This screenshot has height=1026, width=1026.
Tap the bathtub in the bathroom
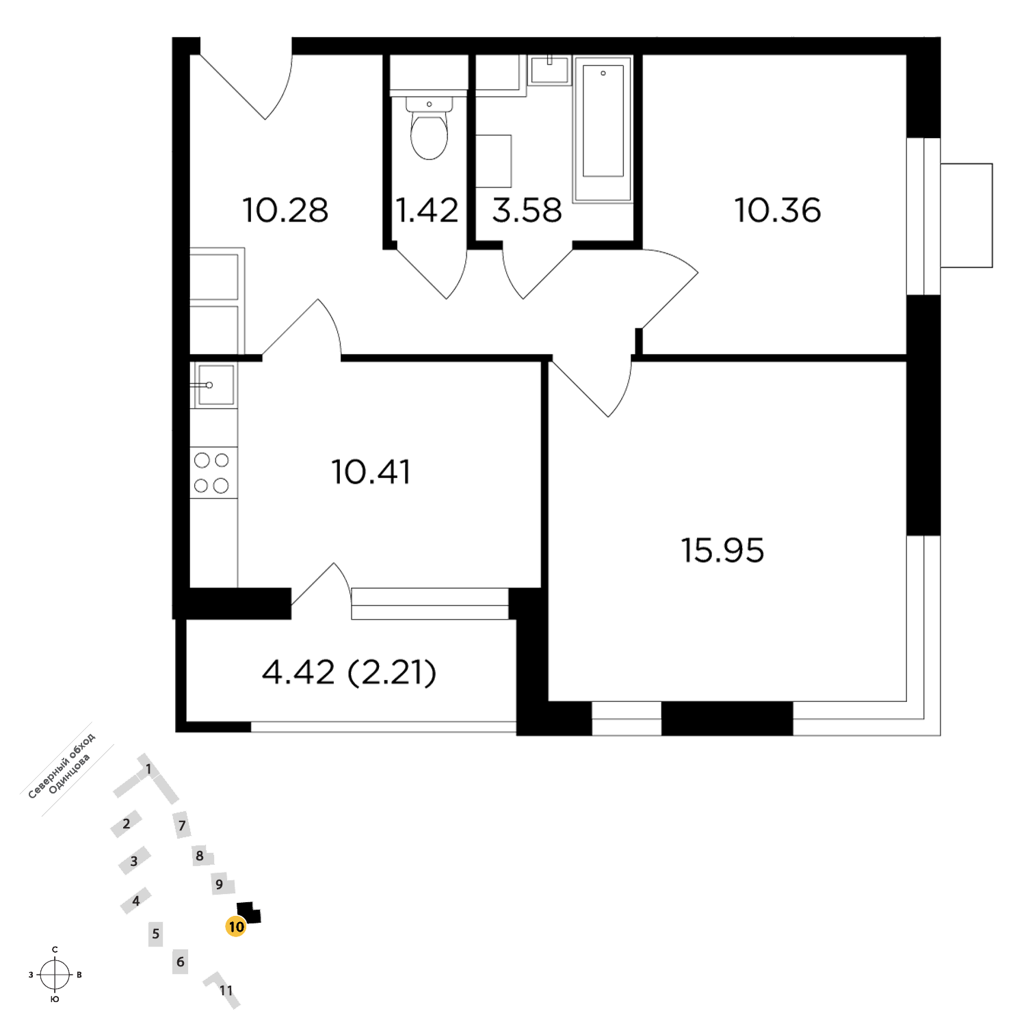coord(603,129)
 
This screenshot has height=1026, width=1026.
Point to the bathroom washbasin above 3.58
coord(549,71)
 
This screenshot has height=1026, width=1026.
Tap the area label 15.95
coord(722,550)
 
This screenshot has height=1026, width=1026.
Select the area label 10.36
coord(778,210)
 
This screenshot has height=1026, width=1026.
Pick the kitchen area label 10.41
coord(371,472)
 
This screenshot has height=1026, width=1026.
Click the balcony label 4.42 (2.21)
coord(349,673)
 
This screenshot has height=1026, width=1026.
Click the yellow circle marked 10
coord(236,927)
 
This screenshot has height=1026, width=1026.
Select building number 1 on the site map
coord(148,770)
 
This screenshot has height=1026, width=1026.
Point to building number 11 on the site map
coord(226,990)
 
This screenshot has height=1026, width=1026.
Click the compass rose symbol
coord(55,975)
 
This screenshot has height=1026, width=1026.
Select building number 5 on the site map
coord(156,934)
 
